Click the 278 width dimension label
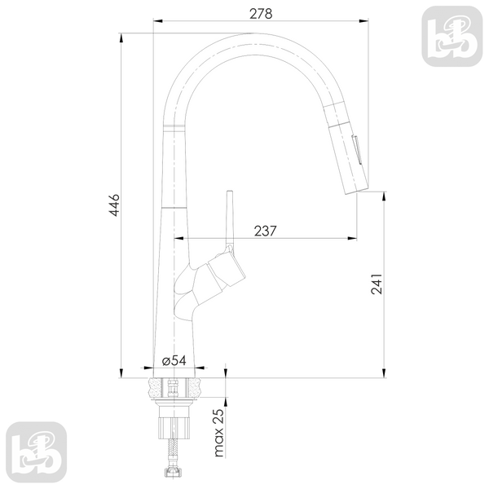[261, 13]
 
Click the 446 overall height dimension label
[114, 205]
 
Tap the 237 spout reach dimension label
[265, 231]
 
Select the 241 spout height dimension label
[377, 284]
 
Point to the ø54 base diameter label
[174, 360]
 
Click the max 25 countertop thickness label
[219, 433]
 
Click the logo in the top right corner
[452, 36]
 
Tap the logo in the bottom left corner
[37, 452]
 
